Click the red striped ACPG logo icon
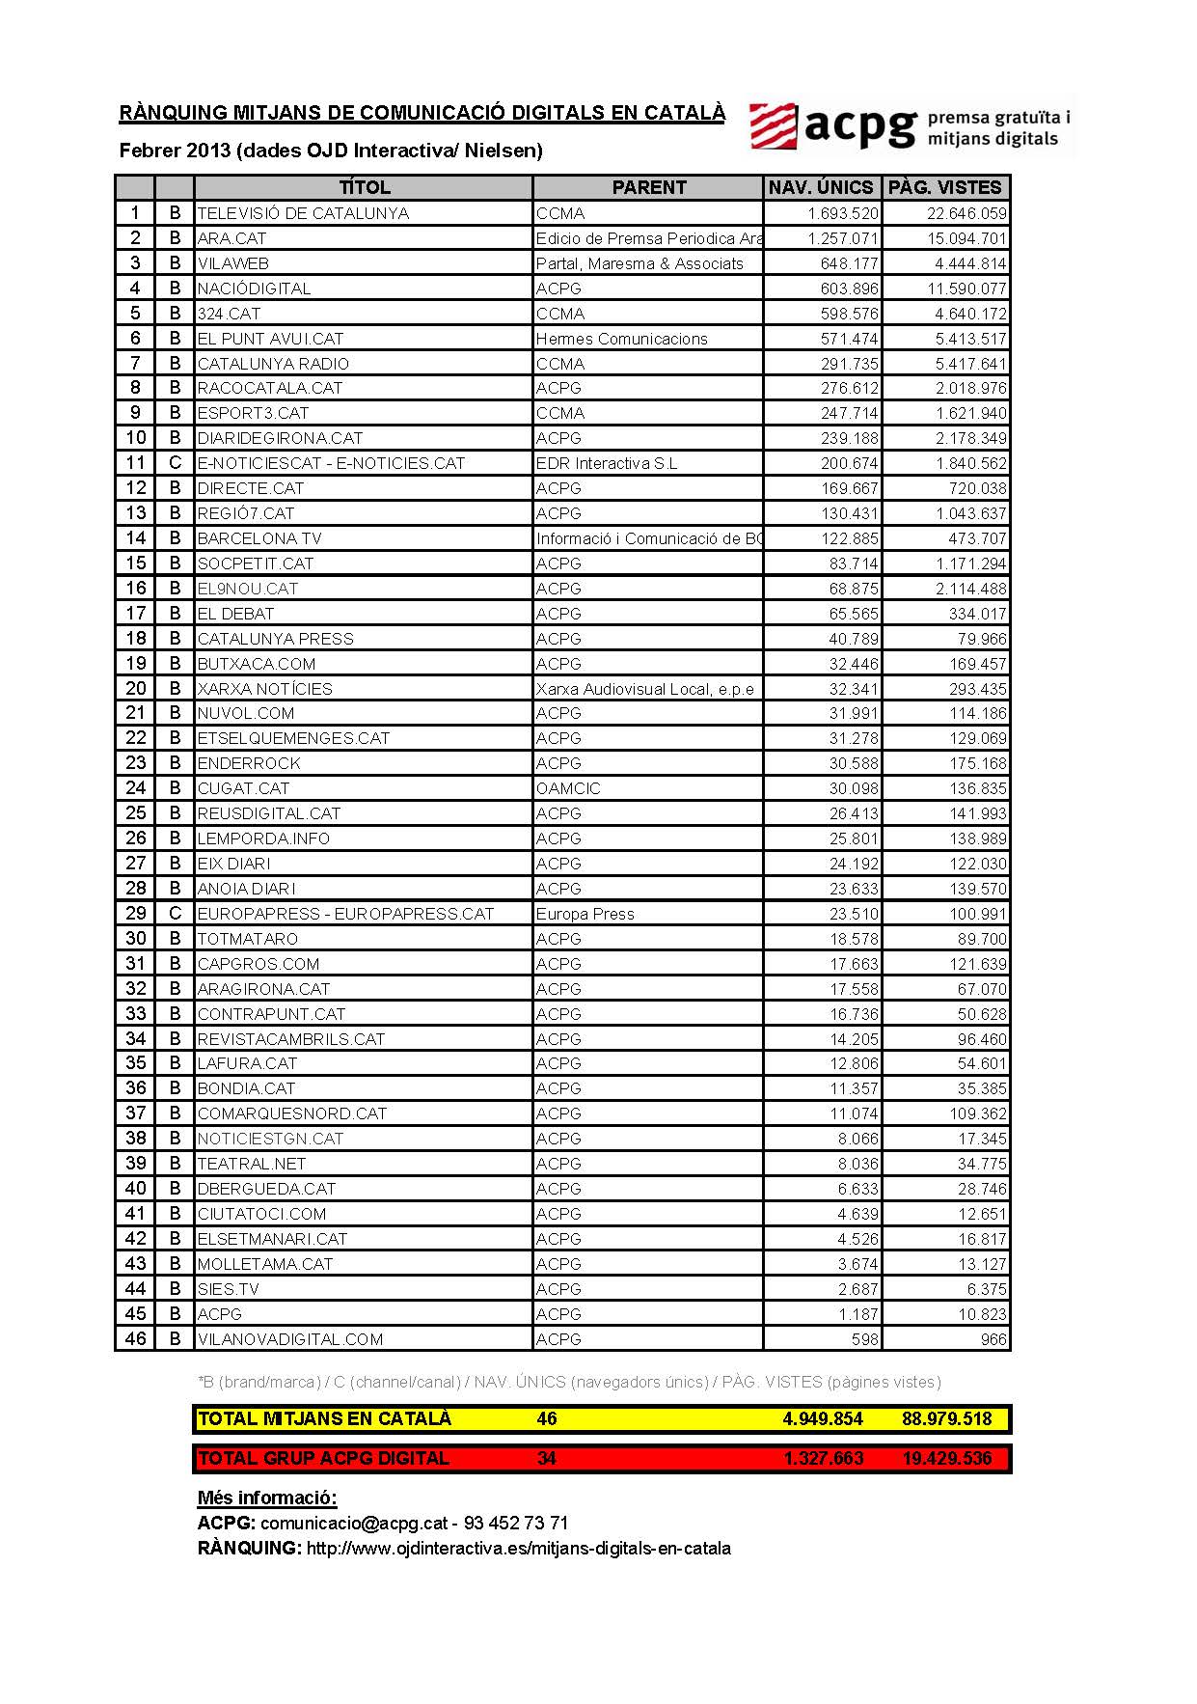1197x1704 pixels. [774, 126]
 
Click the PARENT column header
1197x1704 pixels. [648, 187]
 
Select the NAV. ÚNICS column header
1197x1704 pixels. [821, 187]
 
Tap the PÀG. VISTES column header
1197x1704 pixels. [945, 187]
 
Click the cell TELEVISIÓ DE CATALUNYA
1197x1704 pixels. [303, 213]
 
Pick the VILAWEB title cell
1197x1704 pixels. [232, 263]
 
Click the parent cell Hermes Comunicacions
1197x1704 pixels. [621, 339]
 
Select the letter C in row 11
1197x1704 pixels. [175, 463]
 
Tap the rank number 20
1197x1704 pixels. [135, 688]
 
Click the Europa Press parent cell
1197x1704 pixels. [585, 914]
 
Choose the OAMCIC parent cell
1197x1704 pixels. [568, 788]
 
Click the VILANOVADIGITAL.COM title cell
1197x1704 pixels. [290, 1339]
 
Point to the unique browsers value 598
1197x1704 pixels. [864, 1339]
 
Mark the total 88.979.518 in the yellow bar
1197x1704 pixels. [946, 1418]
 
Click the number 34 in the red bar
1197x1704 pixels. [546, 1458]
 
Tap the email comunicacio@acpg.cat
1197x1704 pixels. [354, 1523]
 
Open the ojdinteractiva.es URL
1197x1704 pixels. [518, 1548]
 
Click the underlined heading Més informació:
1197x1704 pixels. [267, 1498]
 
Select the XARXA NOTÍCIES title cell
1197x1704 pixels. [264, 689]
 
